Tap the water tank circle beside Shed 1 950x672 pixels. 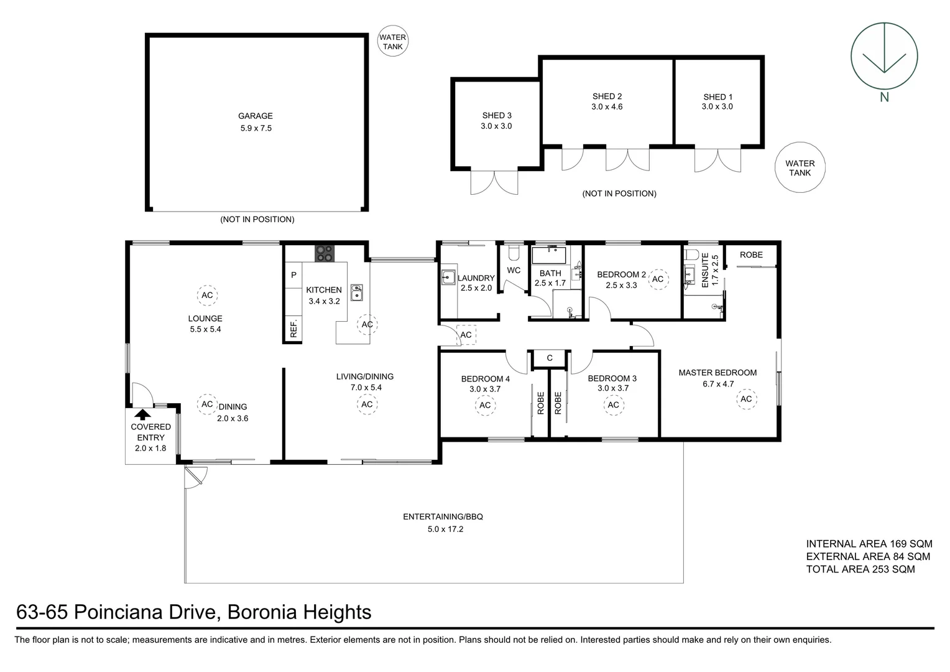click(x=800, y=168)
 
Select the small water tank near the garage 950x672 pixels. click(x=392, y=42)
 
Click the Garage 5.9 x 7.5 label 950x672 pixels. click(x=256, y=122)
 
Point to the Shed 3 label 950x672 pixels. click(x=496, y=120)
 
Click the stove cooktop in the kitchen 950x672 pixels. click(x=324, y=253)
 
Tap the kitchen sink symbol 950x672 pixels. click(x=357, y=292)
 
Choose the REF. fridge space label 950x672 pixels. click(x=293, y=329)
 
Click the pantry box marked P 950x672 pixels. click(x=293, y=274)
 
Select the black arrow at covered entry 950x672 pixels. click(x=143, y=414)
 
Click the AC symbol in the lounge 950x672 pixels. click(x=206, y=295)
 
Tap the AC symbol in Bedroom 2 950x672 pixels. click(x=658, y=279)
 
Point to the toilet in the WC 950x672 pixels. click(x=513, y=253)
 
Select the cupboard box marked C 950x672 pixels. click(x=550, y=358)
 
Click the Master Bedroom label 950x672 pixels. click(x=717, y=373)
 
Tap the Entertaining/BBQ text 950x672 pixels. click(x=443, y=516)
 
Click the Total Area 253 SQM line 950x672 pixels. click(x=860, y=569)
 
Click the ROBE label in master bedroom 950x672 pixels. click(x=751, y=254)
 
